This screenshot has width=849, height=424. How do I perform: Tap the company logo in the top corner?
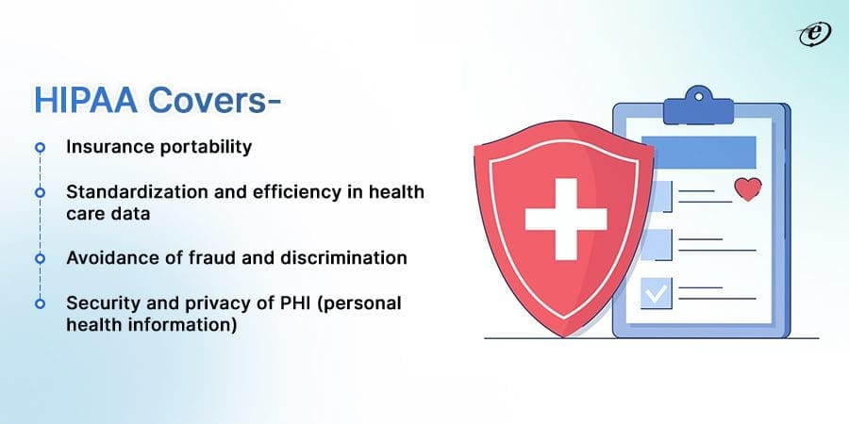809,32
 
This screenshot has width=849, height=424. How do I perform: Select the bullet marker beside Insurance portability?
40,148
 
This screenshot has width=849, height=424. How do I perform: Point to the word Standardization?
120,191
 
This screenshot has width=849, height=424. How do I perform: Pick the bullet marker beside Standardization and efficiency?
40,191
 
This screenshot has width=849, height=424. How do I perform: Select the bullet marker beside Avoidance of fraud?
40,257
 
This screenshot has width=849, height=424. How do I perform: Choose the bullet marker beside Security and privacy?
40,303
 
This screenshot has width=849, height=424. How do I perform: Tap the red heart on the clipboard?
747,190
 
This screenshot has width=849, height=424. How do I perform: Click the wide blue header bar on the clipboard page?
698,152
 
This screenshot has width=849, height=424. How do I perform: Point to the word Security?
96,303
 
